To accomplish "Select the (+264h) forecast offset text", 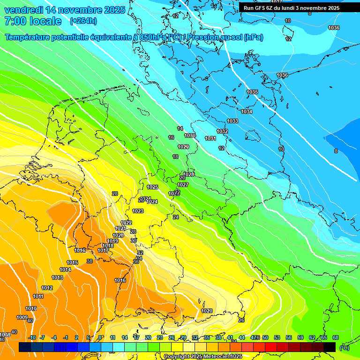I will point(83,21).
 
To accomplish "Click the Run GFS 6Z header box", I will point(291,8).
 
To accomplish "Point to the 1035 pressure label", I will point(252,92).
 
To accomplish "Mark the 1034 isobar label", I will point(247,112).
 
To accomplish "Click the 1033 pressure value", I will point(232,121).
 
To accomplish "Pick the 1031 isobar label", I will point(210,138).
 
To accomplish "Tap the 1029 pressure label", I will point(183,147).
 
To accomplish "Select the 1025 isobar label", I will point(152,187).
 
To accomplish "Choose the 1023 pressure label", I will point(138,211).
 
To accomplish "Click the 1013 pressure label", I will point(57,277).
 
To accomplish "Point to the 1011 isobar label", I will point(38,296).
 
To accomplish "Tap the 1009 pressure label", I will point(22,317).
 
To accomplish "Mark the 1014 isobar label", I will point(66,270).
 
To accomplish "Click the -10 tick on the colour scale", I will point(32,337).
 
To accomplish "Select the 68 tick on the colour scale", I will point(335,337).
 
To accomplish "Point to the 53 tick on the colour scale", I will point(277,337).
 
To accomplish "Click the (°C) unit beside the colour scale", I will point(344,347).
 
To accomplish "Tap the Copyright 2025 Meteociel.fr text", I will point(203,356).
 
